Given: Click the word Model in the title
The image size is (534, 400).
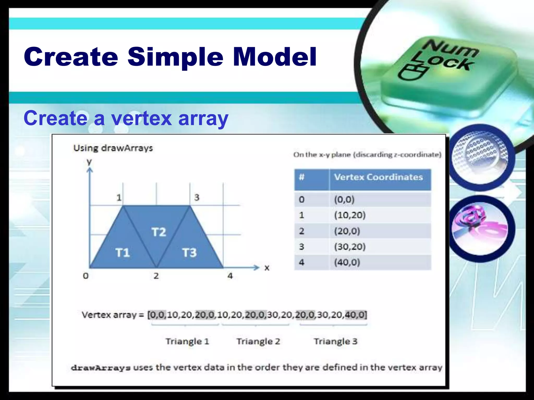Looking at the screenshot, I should [275, 57].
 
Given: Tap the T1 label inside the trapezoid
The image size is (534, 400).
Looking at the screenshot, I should [123, 253].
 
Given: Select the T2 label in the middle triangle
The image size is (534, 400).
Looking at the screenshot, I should [159, 232].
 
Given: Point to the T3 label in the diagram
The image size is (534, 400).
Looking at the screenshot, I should [189, 253].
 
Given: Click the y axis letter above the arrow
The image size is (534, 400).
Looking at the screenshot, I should [89, 162].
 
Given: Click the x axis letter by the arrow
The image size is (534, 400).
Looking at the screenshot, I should [267, 268].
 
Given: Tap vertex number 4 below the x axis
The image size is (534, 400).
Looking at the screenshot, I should [230, 276].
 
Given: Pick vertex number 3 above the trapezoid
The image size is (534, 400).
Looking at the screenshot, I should [197, 197].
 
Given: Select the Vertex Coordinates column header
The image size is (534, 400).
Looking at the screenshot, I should [378, 177].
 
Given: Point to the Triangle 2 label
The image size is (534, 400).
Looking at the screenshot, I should [258, 341].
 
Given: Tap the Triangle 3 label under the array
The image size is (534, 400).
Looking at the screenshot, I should [336, 341].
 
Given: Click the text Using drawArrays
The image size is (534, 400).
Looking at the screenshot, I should [113, 148].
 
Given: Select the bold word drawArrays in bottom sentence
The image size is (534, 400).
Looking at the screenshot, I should [101, 368].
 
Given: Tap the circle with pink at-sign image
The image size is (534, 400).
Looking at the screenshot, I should [481, 229].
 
